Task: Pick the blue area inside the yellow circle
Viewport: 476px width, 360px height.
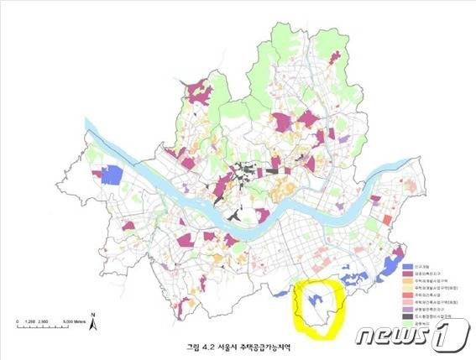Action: (x=316, y=298)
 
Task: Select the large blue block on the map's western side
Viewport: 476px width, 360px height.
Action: (x=112, y=175)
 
